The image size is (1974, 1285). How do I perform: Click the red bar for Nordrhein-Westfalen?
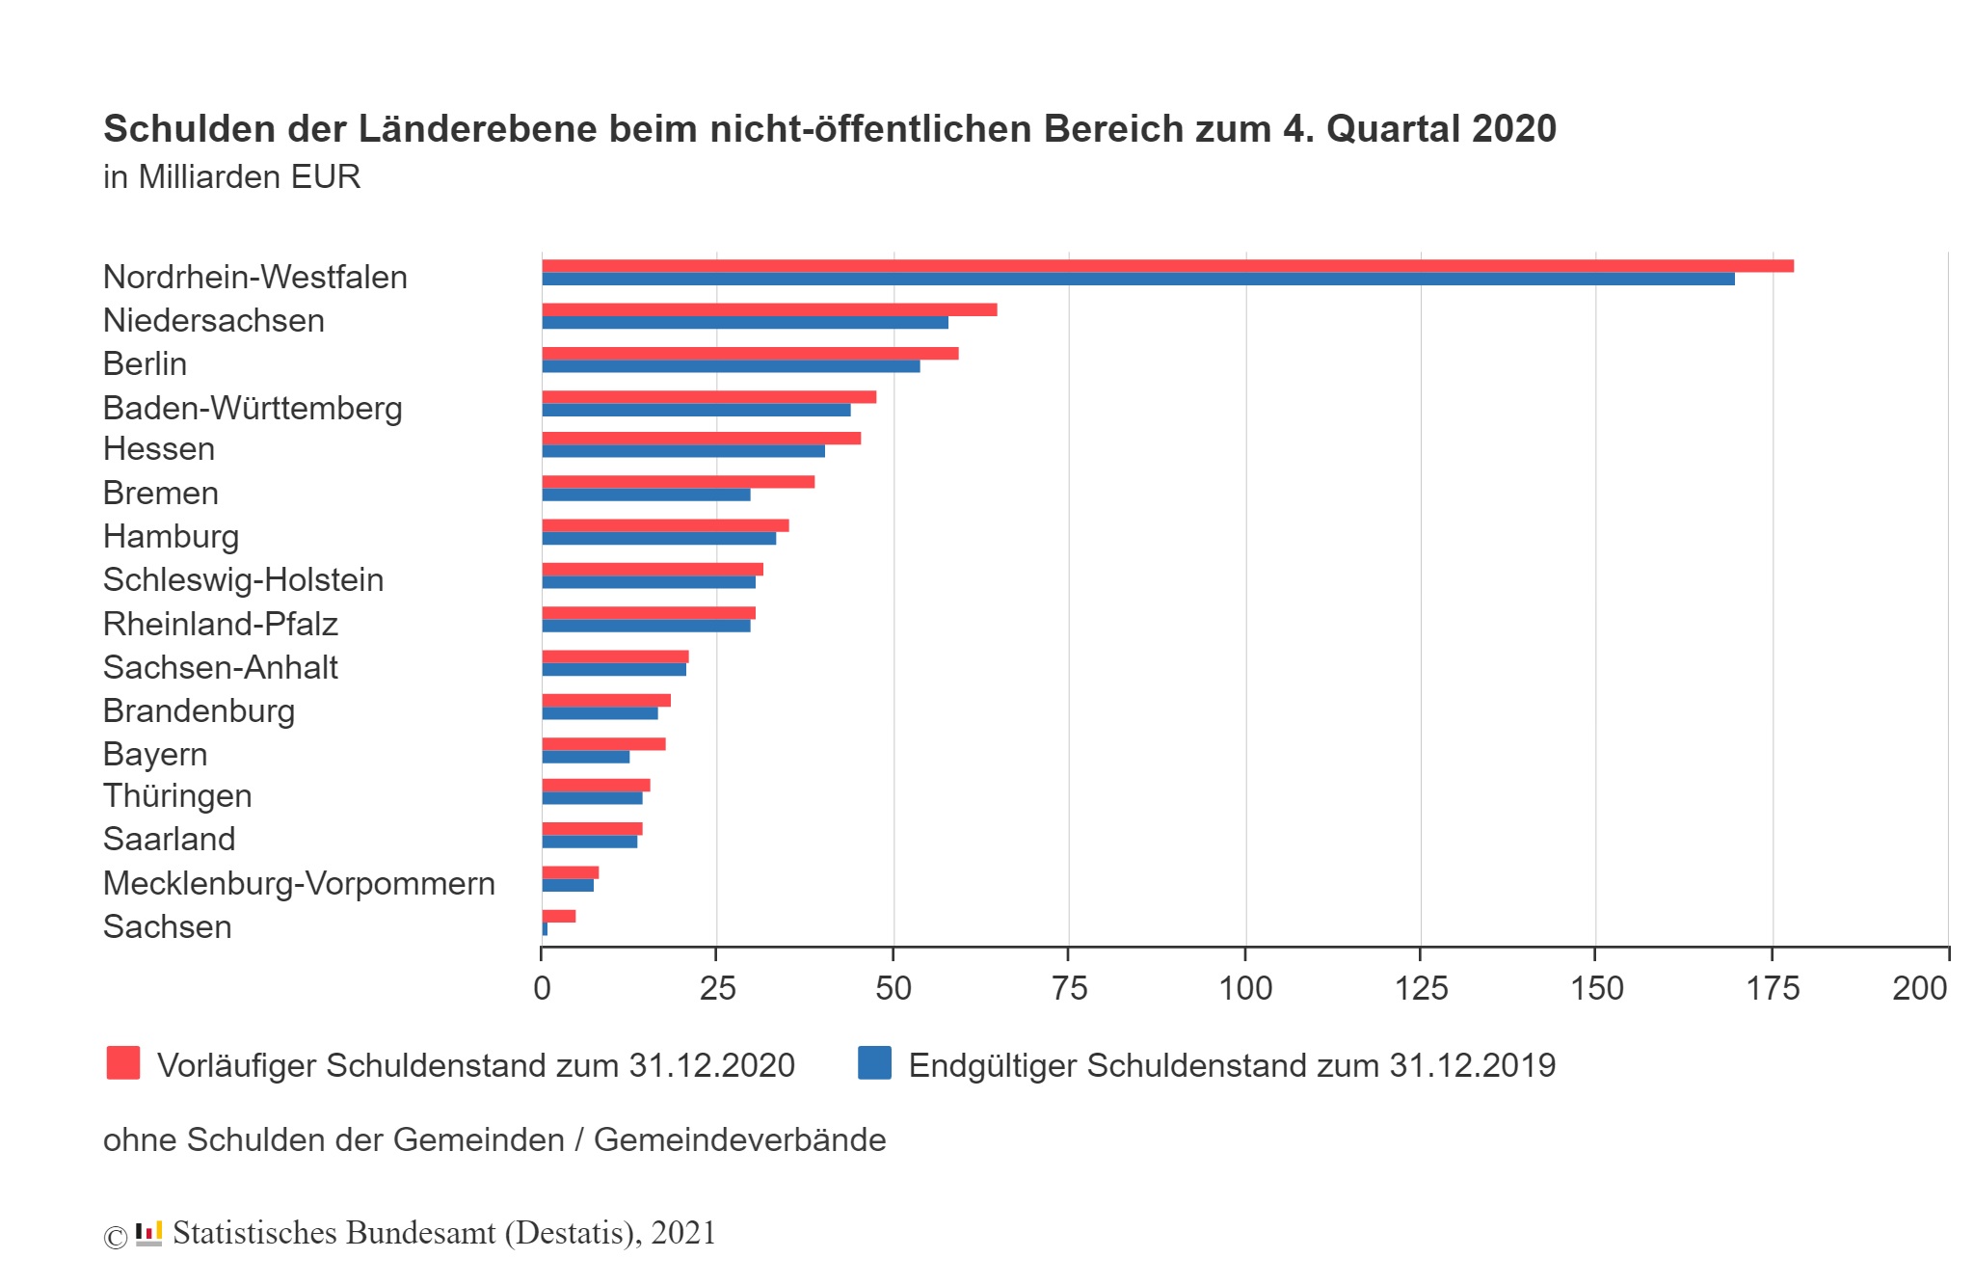[x=1166, y=266]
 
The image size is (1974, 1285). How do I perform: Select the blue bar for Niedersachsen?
[x=744, y=323]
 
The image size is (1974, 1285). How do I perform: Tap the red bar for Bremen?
[x=678, y=482]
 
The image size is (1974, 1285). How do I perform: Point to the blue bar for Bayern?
[x=585, y=758]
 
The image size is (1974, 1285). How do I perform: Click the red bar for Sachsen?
[x=559, y=916]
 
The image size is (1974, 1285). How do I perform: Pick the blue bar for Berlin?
[x=731, y=366]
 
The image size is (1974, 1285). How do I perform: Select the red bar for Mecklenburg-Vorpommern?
[x=570, y=872]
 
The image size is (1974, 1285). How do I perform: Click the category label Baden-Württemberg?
[x=253, y=408]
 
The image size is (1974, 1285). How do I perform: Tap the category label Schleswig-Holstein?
[x=243, y=579]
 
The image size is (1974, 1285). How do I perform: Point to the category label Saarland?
[x=169, y=839]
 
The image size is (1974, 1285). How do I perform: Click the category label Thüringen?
[x=177, y=795]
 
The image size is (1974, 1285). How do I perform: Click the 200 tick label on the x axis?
[x=1919, y=988]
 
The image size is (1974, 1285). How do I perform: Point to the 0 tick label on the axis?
[x=542, y=988]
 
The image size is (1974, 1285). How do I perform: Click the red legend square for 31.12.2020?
[x=123, y=1062]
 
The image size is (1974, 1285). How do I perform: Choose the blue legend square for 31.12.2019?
[x=874, y=1062]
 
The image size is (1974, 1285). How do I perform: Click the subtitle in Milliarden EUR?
[x=231, y=177]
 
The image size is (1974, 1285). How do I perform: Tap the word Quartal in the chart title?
[x=1392, y=128]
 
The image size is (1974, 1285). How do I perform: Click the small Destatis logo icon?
[x=148, y=1233]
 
